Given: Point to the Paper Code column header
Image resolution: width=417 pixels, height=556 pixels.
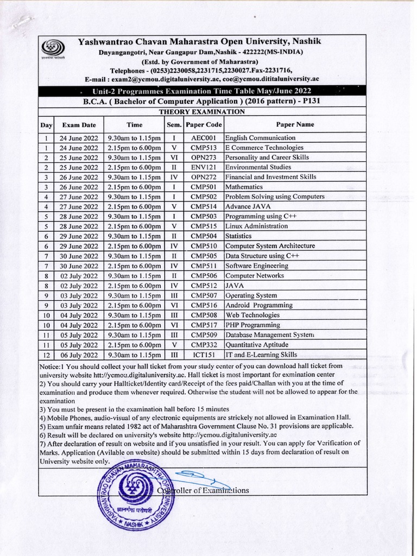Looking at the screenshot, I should [204, 125].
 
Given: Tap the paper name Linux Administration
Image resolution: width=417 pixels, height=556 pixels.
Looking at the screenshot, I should [256, 226].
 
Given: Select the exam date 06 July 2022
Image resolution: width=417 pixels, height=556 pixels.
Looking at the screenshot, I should [79, 355].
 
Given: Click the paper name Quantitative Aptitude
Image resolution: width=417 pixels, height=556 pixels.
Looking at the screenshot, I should [258, 345].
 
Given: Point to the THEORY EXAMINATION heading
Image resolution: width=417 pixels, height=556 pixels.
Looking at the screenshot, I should [201, 112].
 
